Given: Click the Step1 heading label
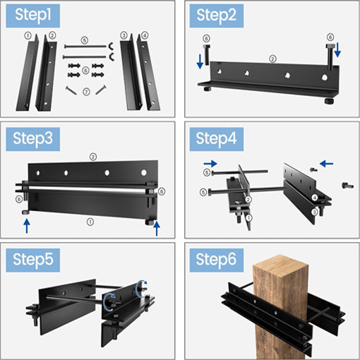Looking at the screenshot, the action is [x=32, y=16].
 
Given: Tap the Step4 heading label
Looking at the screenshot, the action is [x=217, y=139].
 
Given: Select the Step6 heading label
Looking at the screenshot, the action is [x=217, y=260].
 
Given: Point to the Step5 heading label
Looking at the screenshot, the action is [x=32, y=260].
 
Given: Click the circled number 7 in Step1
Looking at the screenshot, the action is [x=86, y=92].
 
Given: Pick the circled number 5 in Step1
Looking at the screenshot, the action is [x=85, y=40].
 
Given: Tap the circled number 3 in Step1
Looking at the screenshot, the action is [x=124, y=35].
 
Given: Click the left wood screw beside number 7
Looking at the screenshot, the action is [x=71, y=90].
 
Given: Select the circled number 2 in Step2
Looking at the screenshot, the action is [x=272, y=59].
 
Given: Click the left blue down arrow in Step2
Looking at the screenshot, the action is [x=200, y=61].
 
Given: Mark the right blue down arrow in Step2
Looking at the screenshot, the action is [x=337, y=50].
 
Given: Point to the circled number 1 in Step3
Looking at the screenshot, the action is [x=90, y=222].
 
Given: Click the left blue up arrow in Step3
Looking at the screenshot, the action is [x=27, y=226].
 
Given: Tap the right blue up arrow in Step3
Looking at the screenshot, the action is [x=157, y=229].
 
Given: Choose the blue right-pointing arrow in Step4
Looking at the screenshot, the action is [x=210, y=164].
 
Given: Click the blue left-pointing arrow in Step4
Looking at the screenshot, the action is [x=326, y=164].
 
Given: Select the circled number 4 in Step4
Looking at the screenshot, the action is [x=315, y=198].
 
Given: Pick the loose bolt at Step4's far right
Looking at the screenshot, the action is [x=347, y=186].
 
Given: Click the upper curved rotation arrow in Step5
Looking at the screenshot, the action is [x=141, y=288].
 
